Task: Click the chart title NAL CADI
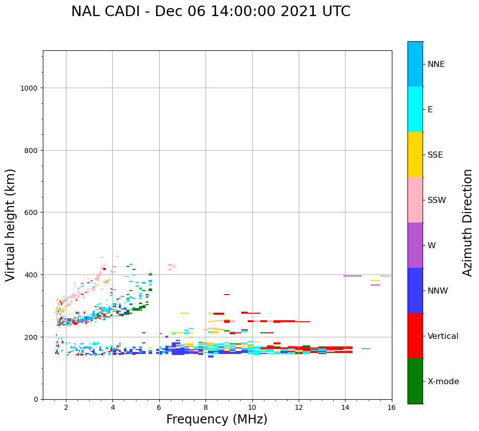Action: [211, 12]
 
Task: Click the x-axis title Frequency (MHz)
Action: [217, 419]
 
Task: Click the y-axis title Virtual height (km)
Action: [11, 225]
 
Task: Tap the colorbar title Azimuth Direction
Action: [468, 223]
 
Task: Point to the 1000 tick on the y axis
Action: [30, 88]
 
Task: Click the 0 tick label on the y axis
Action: [36, 399]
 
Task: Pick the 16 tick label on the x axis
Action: [391, 408]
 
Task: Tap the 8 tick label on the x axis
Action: [206, 408]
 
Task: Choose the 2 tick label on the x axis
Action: [66, 408]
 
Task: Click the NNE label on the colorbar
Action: [436, 64]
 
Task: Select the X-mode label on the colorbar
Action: [443, 382]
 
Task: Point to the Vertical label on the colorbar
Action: [443, 336]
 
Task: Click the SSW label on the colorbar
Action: [437, 200]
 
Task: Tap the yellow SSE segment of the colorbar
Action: [415, 155]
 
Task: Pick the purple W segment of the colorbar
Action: [415, 245]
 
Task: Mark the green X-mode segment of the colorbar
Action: [415, 381]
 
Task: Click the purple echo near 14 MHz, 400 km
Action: [353, 276]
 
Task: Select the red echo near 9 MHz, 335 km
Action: [227, 295]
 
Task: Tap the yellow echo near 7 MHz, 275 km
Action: [184, 313]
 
